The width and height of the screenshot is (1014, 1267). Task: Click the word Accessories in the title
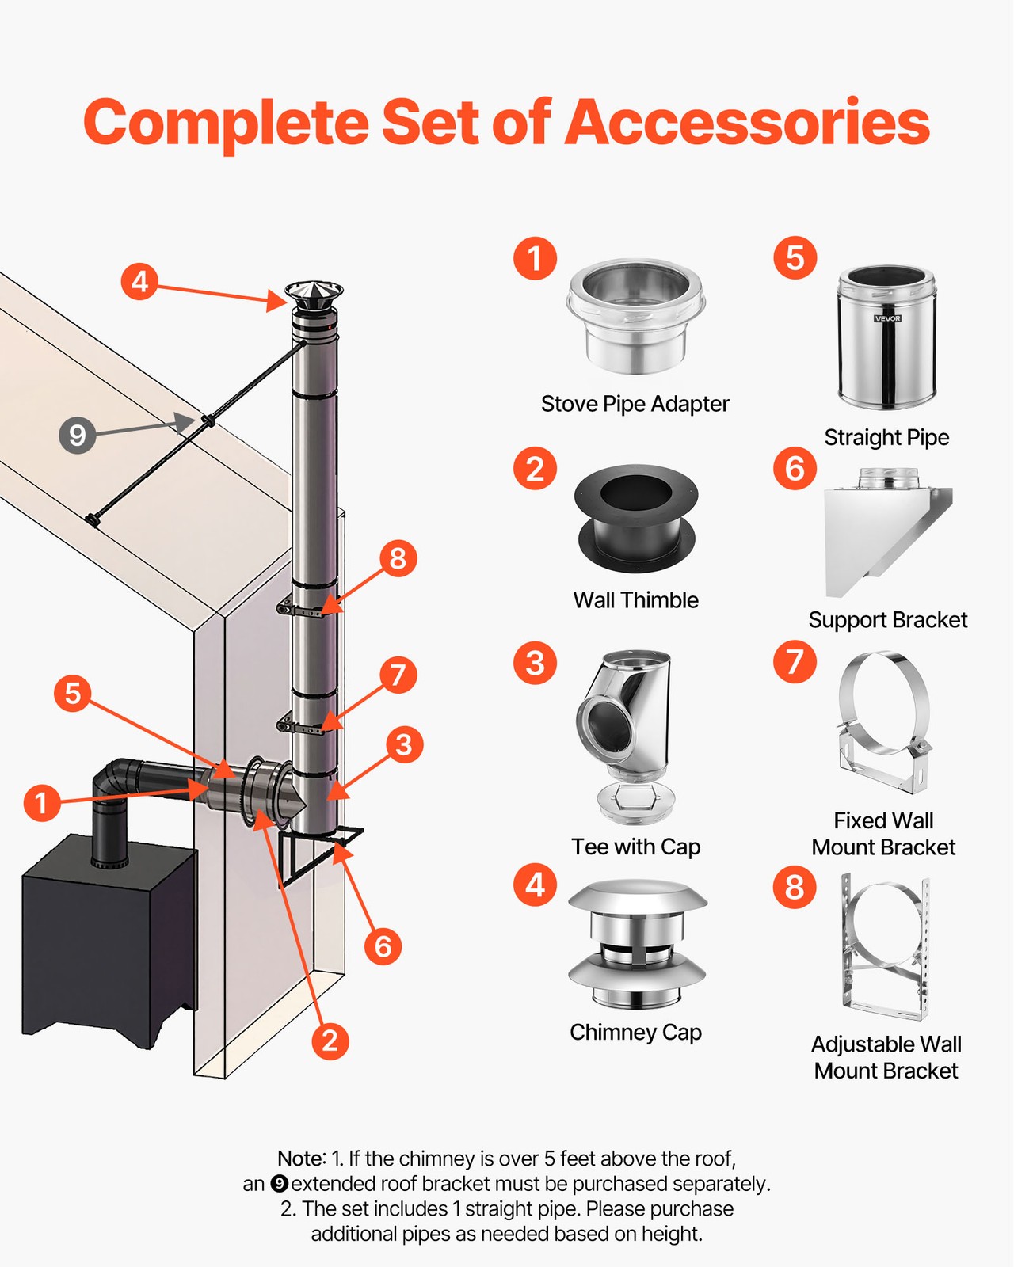click(x=747, y=123)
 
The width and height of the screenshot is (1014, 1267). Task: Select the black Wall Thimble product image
click(x=636, y=519)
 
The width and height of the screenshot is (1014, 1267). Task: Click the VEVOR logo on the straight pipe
click(x=887, y=318)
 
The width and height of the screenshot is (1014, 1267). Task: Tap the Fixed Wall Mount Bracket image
click(x=883, y=722)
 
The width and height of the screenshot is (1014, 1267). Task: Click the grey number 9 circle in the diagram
click(x=78, y=435)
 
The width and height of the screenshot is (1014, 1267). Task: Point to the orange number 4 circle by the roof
click(x=139, y=281)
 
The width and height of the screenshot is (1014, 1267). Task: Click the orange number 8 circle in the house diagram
click(x=398, y=558)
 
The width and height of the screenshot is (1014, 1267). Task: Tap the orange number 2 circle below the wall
click(x=330, y=1040)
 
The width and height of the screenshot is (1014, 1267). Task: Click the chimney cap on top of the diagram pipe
click(x=314, y=296)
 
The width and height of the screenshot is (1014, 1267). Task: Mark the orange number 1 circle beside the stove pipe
click(x=41, y=803)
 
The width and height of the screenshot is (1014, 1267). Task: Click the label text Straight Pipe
click(x=886, y=437)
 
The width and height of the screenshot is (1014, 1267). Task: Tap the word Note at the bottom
click(x=300, y=1159)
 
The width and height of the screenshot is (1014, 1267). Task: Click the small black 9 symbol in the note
click(x=279, y=1184)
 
